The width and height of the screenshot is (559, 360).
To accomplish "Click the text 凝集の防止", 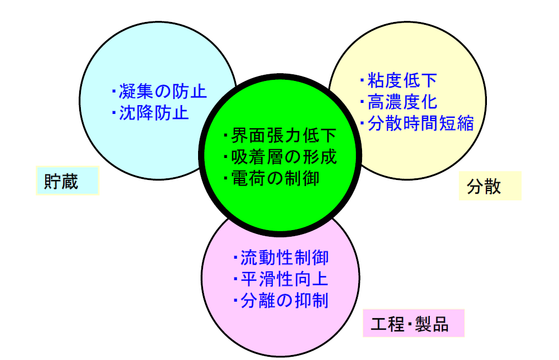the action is click(163, 91).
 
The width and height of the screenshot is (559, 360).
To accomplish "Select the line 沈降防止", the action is click(154, 113).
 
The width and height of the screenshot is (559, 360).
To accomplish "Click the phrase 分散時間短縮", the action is click(420, 123).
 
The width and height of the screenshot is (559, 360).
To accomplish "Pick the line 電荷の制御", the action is click(276, 178).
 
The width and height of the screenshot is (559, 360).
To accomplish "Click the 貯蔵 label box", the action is click(67, 181).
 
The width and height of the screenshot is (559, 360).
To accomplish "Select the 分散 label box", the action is click(490, 186).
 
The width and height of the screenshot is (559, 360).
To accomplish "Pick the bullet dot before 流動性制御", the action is click(235, 258).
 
